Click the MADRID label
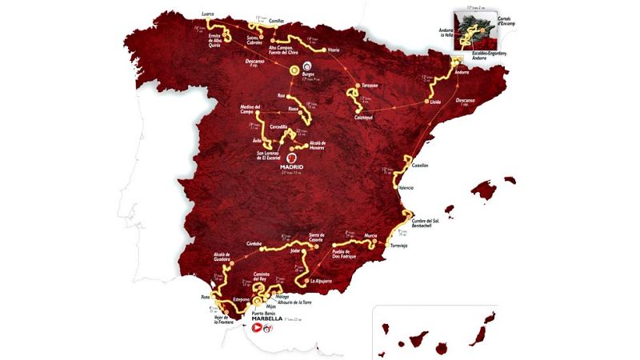[292, 166]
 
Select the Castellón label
[421, 166]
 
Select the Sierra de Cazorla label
[309, 238]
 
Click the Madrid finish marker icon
[292, 157]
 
